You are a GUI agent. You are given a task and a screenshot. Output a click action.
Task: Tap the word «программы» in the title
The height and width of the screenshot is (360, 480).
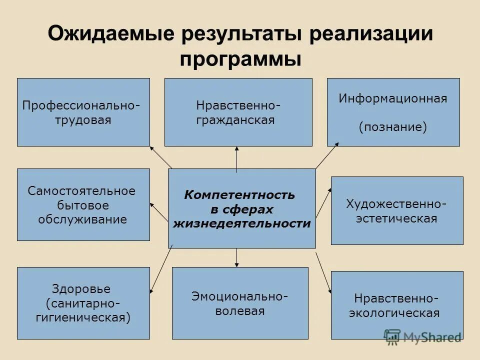click(x=240, y=59)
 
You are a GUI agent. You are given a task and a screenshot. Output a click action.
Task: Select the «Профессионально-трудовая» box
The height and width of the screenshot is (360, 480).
click(x=83, y=112)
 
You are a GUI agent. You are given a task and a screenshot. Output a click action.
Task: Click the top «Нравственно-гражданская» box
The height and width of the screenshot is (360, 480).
click(x=238, y=112)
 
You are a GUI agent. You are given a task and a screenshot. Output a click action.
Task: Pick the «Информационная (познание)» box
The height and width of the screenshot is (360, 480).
click(x=393, y=112)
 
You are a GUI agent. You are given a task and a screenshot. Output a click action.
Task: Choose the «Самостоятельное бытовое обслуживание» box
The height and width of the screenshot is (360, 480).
click(x=83, y=204)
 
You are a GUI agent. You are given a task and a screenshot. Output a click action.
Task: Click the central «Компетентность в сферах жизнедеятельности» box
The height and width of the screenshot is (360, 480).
click(x=241, y=208)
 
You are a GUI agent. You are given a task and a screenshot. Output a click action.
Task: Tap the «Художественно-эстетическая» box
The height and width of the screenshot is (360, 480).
click(x=397, y=210)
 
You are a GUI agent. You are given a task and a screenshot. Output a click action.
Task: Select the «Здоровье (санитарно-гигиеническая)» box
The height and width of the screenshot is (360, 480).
click(x=83, y=303)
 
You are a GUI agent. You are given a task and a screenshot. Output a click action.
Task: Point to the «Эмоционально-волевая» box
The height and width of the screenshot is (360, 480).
click(x=240, y=303)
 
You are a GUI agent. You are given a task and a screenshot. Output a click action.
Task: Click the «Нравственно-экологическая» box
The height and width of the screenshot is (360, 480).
click(x=397, y=305)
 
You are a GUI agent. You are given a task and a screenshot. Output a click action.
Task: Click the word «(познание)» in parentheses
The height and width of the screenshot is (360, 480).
click(x=393, y=127)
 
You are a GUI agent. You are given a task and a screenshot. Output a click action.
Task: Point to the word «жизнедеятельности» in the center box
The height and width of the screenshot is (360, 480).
click(x=241, y=223)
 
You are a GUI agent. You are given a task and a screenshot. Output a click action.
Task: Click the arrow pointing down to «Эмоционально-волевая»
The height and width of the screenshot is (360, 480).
click(x=237, y=257)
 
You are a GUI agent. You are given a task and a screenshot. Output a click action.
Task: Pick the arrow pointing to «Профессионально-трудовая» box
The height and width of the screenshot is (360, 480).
click(x=160, y=157)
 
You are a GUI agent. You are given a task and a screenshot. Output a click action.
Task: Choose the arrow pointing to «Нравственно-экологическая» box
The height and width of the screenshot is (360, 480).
click(x=323, y=272)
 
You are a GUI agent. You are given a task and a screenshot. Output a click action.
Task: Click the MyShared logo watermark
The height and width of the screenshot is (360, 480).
click(x=422, y=336)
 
